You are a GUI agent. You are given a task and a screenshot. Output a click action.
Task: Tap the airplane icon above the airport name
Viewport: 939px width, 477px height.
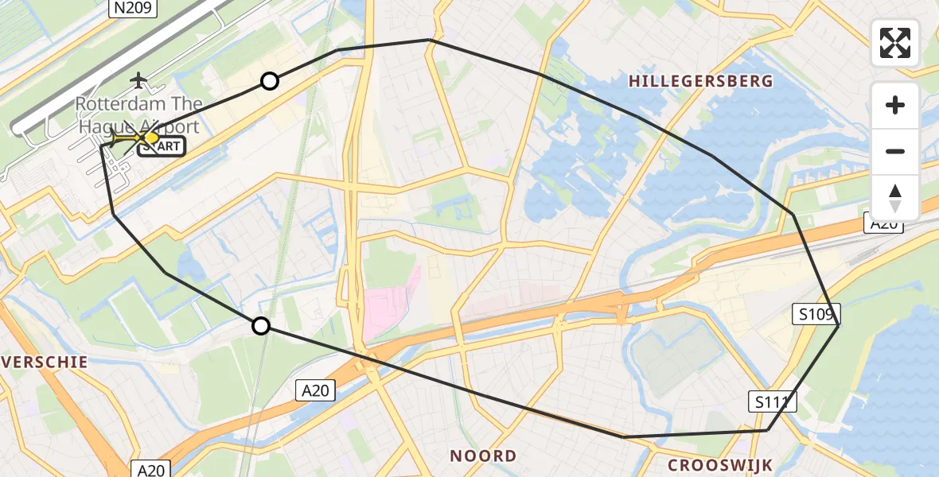pos(139,79)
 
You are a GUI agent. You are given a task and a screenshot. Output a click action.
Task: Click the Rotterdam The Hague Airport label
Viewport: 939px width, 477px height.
pos(139,114)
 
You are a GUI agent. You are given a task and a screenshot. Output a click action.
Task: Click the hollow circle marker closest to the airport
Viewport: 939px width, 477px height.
pos(270,81)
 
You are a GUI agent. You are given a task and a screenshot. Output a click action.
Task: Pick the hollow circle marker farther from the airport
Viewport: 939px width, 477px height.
pos(260,325)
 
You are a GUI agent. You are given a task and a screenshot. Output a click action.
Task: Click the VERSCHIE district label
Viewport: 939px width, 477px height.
pos(44,362)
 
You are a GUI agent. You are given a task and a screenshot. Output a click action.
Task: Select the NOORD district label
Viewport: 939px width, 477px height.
pos(483,456)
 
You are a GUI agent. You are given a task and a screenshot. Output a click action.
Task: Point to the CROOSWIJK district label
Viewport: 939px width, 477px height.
pos(719,464)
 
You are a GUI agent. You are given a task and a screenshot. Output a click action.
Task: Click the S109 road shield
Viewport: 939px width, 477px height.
pos(816,316)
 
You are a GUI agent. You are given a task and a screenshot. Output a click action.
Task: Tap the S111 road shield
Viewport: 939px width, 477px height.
pos(772,402)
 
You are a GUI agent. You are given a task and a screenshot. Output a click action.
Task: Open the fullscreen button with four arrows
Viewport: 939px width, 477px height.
pos(895,43)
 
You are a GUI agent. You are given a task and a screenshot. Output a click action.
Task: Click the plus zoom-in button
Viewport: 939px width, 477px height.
pos(895,105)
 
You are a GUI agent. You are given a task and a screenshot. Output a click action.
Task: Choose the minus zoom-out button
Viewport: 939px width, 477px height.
pos(895,151)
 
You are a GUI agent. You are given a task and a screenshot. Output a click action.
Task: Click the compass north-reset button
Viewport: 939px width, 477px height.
pos(895,197)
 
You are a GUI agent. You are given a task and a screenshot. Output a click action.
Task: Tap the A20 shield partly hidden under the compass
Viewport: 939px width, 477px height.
pos(883,225)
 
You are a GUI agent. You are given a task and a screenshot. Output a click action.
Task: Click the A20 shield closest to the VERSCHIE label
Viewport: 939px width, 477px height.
pos(149,470)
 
